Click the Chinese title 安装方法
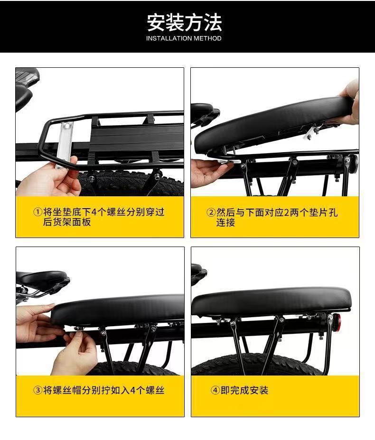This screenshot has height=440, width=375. coord(184,22)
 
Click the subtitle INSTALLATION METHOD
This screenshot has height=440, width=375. coord(184,38)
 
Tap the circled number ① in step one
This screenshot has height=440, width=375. coord(37,212)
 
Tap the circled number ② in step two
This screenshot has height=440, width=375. coord(211,212)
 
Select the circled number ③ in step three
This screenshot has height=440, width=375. coord(37,390)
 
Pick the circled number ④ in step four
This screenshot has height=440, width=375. coord(215,390)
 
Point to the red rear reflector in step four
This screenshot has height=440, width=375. coord(338,321)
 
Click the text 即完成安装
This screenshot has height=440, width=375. coord(244,390)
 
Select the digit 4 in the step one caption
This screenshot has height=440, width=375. coord(94,212)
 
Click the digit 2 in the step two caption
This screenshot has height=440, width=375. coord(286,212)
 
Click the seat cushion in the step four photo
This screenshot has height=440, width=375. coord(271,302)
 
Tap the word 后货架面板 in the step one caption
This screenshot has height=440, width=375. coord(67,222)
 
